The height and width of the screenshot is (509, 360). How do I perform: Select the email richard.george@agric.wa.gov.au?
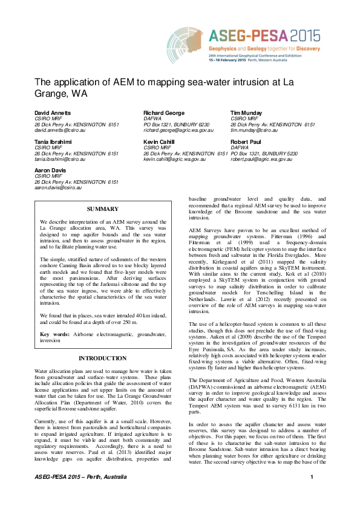(178, 130)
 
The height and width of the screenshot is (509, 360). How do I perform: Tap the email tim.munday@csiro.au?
(254, 130)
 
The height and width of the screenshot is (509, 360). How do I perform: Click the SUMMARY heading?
(103, 209)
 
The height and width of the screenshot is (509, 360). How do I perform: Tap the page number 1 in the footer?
(312, 495)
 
